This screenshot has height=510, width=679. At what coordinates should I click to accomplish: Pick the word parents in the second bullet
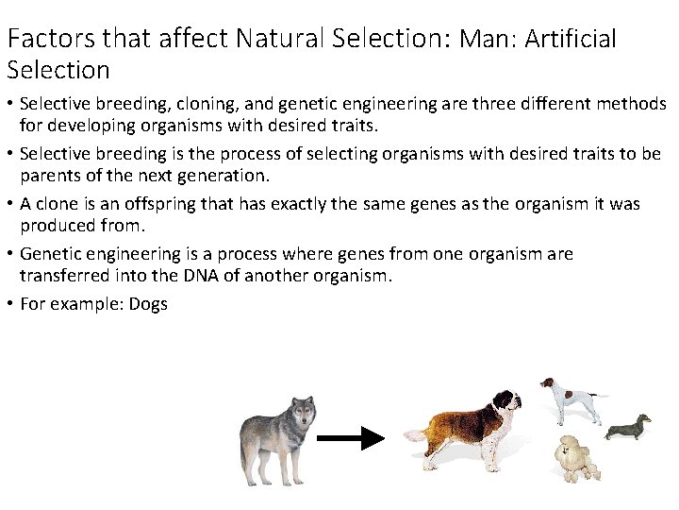coord(52,175)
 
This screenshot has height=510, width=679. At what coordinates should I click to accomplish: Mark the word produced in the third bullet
coord(58,226)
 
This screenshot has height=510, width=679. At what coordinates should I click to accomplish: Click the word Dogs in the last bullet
coord(148,305)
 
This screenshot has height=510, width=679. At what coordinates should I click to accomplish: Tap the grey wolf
coord(277,438)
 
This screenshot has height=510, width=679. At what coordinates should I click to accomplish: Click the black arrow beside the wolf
coord(350,438)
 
